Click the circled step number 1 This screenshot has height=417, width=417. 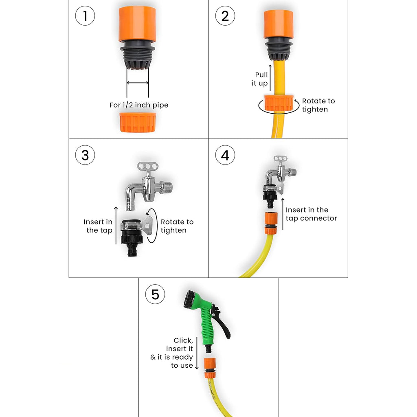(x=85, y=16)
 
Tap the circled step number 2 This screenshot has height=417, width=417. (x=225, y=16)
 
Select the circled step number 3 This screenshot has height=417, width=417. (x=85, y=156)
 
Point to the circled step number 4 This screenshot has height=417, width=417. (x=225, y=156)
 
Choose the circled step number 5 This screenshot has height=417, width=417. (x=155, y=294)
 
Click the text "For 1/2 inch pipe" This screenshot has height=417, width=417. (x=139, y=105)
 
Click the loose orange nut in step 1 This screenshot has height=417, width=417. (x=137, y=122)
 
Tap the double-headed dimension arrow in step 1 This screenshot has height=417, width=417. (x=138, y=83)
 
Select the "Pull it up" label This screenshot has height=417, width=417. (x=260, y=79)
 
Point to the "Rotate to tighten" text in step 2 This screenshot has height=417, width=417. (x=318, y=105)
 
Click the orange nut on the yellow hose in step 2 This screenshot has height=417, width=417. (x=279, y=103)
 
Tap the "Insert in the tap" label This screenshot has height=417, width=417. (x=98, y=226)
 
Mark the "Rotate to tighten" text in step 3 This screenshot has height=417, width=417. (x=177, y=226)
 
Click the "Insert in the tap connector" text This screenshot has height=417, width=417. (x=311, y=214)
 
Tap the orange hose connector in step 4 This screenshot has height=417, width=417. (x=270, y=223)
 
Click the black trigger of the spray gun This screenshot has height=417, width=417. (x=222, y=325)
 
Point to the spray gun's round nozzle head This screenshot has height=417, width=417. (x=189, y=300)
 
